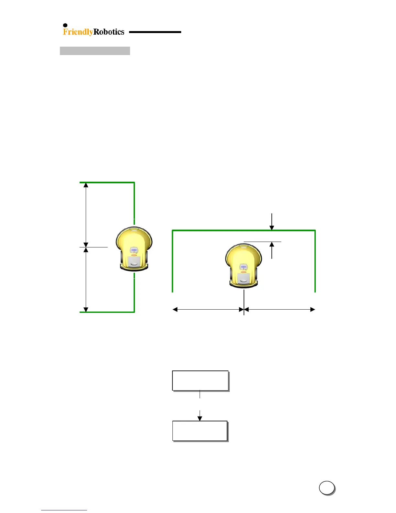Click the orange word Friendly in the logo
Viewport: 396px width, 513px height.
click(x=78, y=32)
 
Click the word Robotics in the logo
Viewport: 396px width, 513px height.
click(x=109, y=32)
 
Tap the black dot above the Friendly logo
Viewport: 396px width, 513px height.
click(x=65, y=25)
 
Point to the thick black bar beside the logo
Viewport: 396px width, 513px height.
click(x=155, y=32)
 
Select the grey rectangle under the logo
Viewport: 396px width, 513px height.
click(x=95, y=51)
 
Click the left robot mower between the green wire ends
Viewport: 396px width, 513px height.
click(x=134, y=248)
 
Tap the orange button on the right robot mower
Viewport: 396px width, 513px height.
click(x=243, y=272)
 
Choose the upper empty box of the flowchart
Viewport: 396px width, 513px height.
click(x=200, y=381)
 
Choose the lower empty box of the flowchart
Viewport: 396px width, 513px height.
click(x=200, y=431)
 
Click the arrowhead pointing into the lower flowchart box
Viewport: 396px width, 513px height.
click(x=200, y=418)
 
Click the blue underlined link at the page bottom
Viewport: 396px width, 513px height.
click(x=64, y=510)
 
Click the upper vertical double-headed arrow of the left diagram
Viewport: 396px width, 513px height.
click(x=86, y=214)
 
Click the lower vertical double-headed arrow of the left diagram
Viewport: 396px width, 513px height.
click(x=86, y=279)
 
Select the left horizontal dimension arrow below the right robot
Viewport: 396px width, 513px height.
click(x=208, y=309)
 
